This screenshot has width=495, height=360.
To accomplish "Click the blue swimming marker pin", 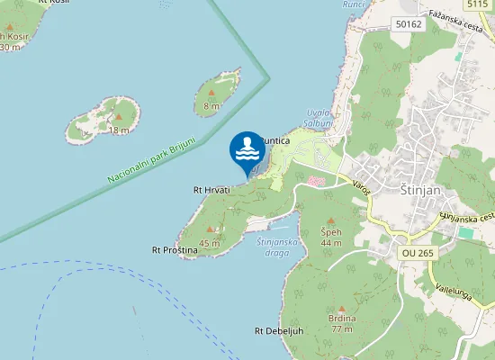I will pyautogui.click(x=247, y=151).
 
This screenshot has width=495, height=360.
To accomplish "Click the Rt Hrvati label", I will pyautogui.click(x=211, y=190).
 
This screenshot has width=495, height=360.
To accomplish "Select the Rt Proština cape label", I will pyautogui.click(x=175, y=249).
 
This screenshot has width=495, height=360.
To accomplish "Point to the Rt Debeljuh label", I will pyautogui.click(x=278, y=330).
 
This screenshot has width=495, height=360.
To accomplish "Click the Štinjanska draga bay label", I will pyautogui.click(x=273, y=247).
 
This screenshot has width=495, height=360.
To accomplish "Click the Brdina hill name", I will pyautogui.click(x=342, y=319).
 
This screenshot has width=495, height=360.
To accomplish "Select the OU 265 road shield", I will pyautogui.click(x=417, y=254).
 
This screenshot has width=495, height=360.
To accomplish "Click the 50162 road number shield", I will pyautogui.click(x=408, y=24).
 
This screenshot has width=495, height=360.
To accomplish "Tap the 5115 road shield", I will pyautogui.click(x=477, y=4).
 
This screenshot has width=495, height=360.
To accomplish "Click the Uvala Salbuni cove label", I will pyautogui.click(x=319, y=118).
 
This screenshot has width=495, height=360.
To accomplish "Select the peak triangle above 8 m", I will pyautogui.click(x=211, y=93).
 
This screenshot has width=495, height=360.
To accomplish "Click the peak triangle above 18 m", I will pyautogui.click(x=119, y=117).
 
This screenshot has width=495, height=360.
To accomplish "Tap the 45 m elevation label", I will pyautogui.click(x=209, y=243).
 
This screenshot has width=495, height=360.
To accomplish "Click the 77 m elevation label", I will pyautogui.click(x=342, y=329).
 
